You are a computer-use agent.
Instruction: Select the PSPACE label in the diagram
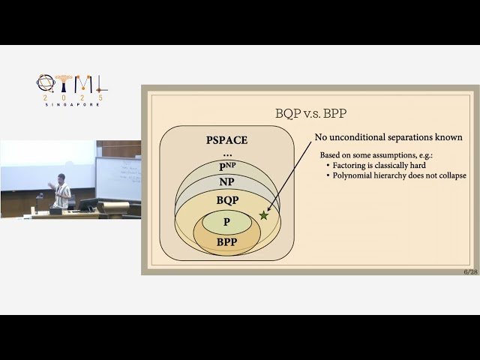pyautogui.click(x=226, y=140)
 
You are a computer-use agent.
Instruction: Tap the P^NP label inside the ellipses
pyautogui.click(x=226, y=166)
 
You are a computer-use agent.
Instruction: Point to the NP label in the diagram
pyautogui.click(x=226, y=182)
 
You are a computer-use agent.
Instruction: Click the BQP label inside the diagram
pyautogui.click(x=226, y=200)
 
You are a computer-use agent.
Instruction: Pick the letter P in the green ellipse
pyautogui.click(x=226, y=222)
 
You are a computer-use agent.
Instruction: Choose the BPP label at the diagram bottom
pyautogui.click(x=226, y=242)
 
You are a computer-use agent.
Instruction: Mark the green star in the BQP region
pyautogui.click(x=263, y=215)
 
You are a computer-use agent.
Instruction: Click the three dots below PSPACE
pyautogui.click(x=226, y=153)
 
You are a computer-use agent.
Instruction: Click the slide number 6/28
pyautogui.click(x=470, y=272)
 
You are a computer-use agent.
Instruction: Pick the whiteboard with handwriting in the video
pyautogui.click(x=118, y=178)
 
